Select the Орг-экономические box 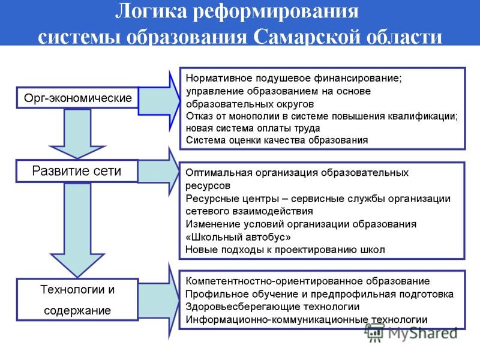[x=77, y=98]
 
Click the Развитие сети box [x=77, y=171]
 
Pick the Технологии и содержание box [x=77, y=299]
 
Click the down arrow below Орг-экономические [x=77, y=134]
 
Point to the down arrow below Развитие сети [x=77, y=230]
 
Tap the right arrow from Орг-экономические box [x=159, y=101]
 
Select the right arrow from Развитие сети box [x=158, y=172]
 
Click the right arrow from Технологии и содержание [x=159, y=302]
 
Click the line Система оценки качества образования [x=277, y=140]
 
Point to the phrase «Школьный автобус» [x=238, y=237]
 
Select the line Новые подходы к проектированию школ [x=285, y=250]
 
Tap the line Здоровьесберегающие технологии [x=272, y=307]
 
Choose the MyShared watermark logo [x=411, y=333]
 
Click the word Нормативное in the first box [x=219, y=78]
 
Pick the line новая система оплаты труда [x=253, y=128]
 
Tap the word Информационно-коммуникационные [x=277, y=319]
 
